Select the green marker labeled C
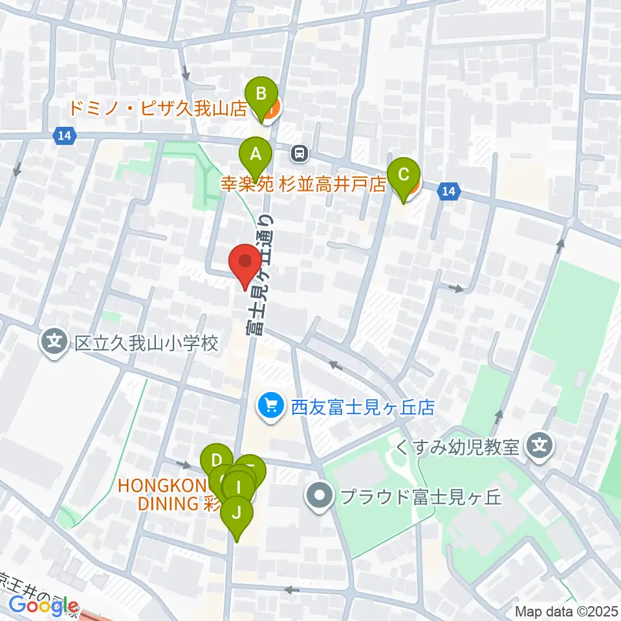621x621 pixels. [x=403, y=175]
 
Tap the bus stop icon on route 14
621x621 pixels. [x=299, y=153]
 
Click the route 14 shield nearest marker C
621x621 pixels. [x=449, y=190]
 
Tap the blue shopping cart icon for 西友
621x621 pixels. [x=269, y=406]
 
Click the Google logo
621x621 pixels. [x=39, y=606]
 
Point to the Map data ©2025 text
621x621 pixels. [x=567, y=611]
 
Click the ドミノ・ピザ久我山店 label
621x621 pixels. [x=158, y=109]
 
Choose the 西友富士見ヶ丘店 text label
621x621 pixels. [x=362, y=408]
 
